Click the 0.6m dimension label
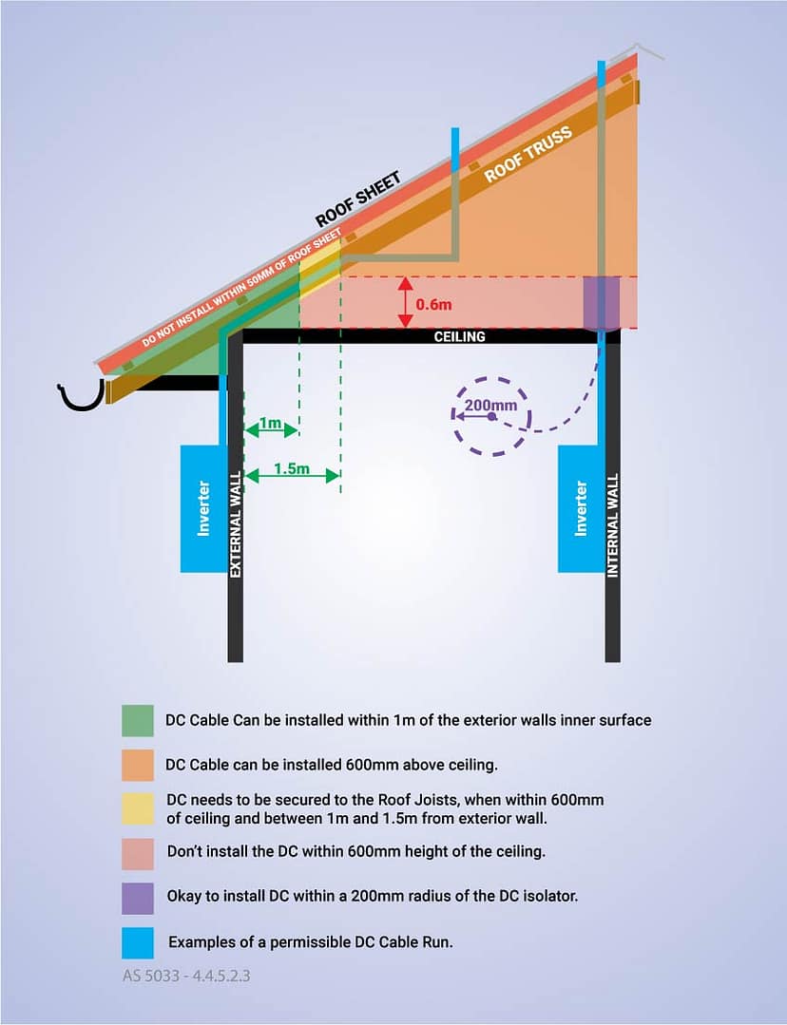pos(434,304)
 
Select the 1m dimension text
pos(271,423)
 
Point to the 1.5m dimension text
pos(291,468)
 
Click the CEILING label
pos(460,336)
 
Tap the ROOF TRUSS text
pos(529,154)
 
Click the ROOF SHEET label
pos(358,199)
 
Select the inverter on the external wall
pos(202,508)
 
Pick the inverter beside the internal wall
pos(581,508)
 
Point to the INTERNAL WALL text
pos(613,524)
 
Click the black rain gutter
pos(82,395)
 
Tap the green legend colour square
pos(137,720)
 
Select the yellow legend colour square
pos(137,808)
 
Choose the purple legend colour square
pos(137,896)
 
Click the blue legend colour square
pos(137,941)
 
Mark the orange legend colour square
pos(137,765)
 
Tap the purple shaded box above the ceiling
pos(601,302)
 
